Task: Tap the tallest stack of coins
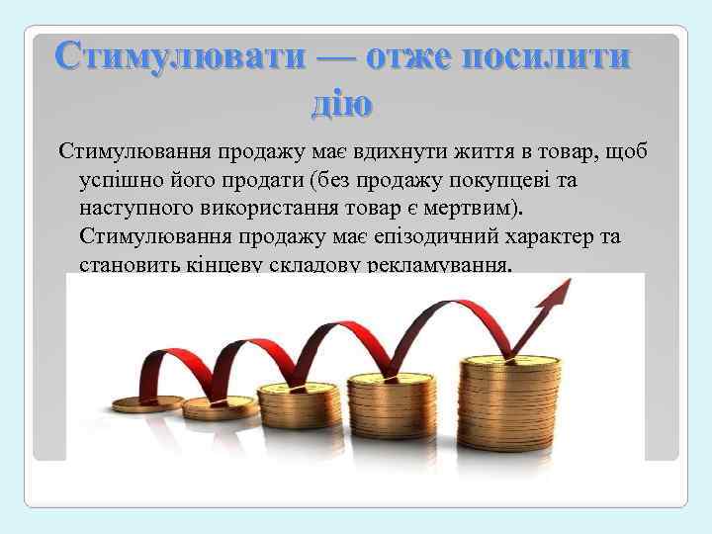point(522,400)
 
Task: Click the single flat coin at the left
point(148,403)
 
